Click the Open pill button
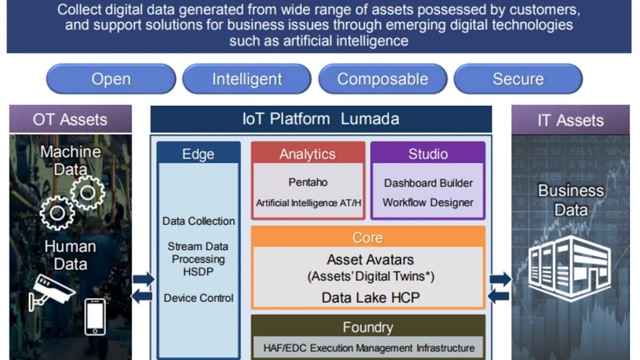pyautogui.click(x=111, y=79)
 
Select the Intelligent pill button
pyautogui.click(x=247, y=79)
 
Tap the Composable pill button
pyautogui.click(x=382, y=79)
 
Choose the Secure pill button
pyautogui.click(x=518, y=79)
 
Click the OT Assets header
pyautogui.click(x=70, y=119)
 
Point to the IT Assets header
pyautogui.click(x=571, y=120)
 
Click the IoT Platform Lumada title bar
pyautogui.click(x=321, y=119)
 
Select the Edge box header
pyautogui.click(x=198, y=154)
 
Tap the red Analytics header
pyautogui.click(x=307, y=154)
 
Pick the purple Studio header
pyautogui.click(x=427, y=153)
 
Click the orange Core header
pyautogui.click(x=367, y=237)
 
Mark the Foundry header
pyautogui.click(x=367, y=327)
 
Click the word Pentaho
pyautogui.click(x=307, y=182)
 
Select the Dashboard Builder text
pyautogui.click(x=428, y=183)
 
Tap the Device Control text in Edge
pyautogui.click(x=199, y=298)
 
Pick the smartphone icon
pyautogui.click(x=95, y=316)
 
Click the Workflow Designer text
pyautogui.click(x=428, y=202)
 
